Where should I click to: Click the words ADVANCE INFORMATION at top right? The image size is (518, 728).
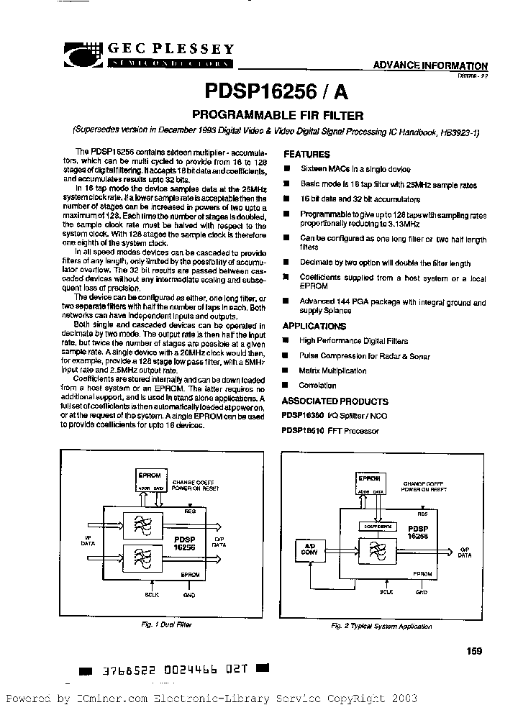click(430, 65)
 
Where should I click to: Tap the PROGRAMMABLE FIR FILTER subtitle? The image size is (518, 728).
click(276, 115)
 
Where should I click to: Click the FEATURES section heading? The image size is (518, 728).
click(306, 154)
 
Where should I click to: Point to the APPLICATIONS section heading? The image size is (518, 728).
click(314, 326)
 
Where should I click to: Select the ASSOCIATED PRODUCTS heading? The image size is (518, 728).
click(329, 401)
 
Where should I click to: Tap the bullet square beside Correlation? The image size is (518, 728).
click(286, 386)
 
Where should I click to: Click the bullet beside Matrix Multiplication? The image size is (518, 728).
click(286, 371)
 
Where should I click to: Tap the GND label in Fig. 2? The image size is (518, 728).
click(421, 592)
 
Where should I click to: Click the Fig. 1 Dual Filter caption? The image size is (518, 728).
click(165, 624)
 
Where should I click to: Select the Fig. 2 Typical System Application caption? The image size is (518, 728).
click(381, 626)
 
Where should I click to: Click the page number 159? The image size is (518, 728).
click(473, 650)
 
